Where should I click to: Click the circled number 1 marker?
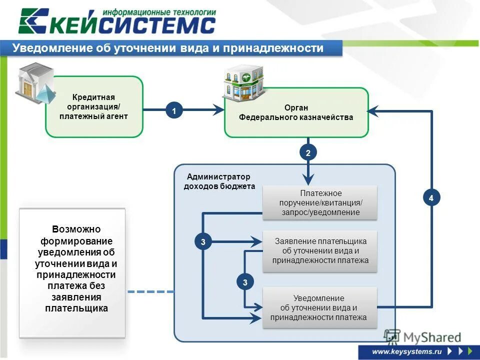(174, 111)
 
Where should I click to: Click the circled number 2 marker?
(308, 153)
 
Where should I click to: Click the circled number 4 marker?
(431, 198)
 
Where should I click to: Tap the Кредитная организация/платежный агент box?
(94, 106)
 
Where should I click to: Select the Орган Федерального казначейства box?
(296, 112)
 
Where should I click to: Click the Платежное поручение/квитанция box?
(320, 202)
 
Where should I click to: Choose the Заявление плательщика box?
(320, 250)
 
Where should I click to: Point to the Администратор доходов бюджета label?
(218, 181)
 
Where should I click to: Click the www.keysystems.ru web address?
(407, 351)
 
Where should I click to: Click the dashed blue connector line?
(150, 291)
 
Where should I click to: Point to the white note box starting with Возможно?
(72, 273)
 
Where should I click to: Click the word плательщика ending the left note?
(76, 308)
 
